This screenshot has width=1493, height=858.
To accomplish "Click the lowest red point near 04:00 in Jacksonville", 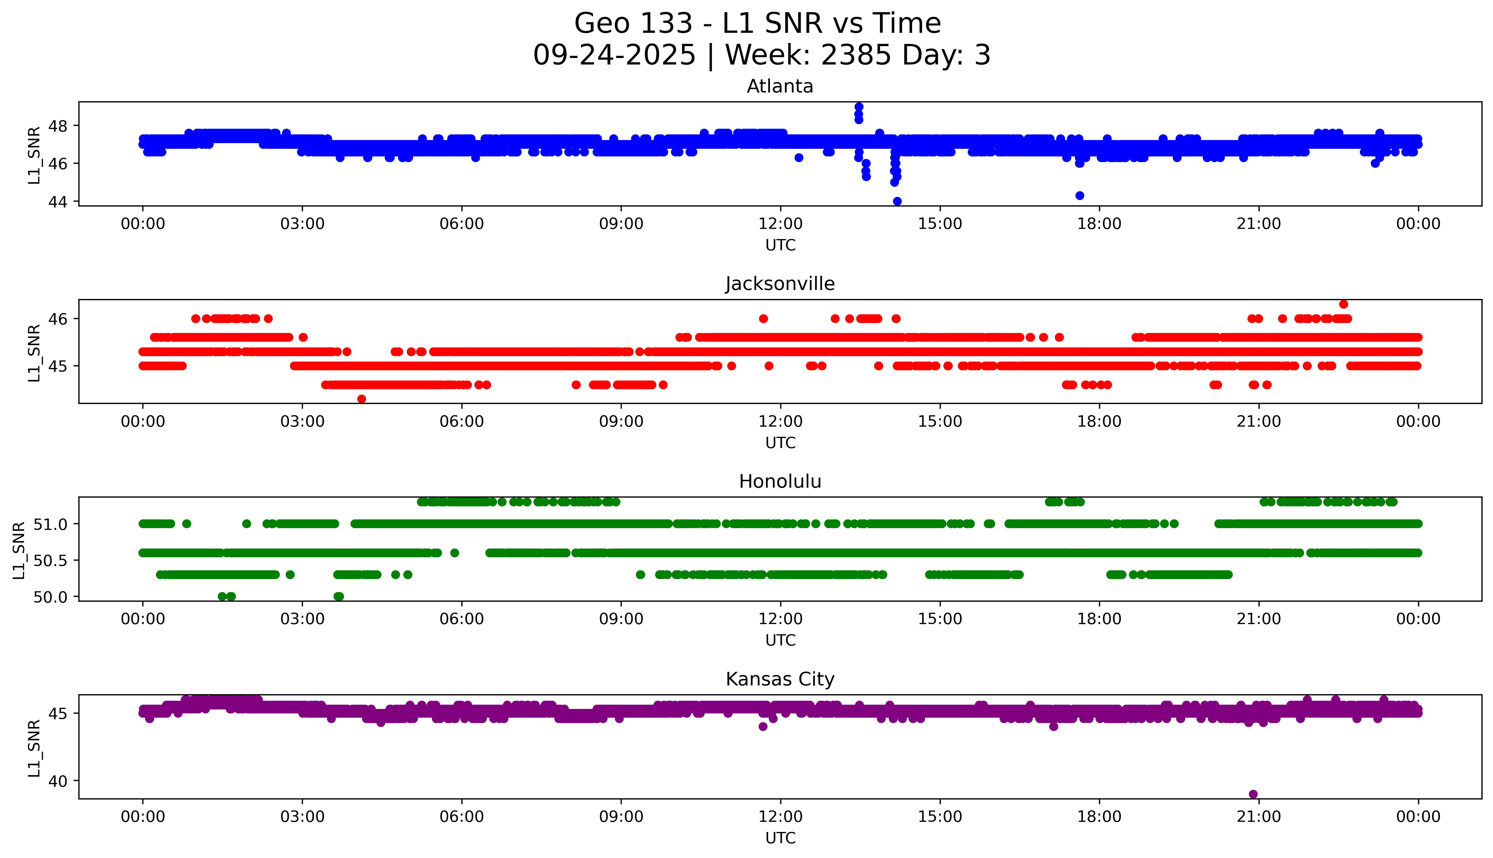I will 362,399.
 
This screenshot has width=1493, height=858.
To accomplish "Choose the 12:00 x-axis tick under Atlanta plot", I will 780,224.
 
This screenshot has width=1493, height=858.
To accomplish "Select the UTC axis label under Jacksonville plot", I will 780,442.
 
